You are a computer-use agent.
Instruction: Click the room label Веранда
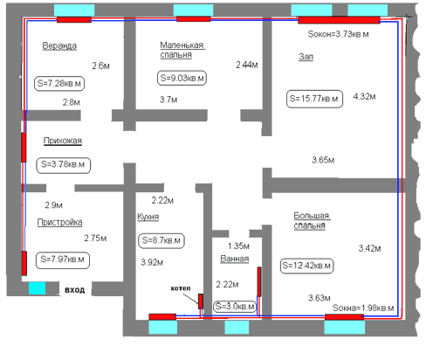coord(59,45)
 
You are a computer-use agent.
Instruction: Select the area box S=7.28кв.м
coord(59,84)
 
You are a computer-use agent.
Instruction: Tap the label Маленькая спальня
coord(182,50)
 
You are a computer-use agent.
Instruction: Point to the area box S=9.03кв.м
coord(182,78)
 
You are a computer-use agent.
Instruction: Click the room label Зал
coord(306,57)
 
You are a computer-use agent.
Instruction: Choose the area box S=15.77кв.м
coord(314,99)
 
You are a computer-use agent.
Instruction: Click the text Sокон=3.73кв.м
coord(338,34)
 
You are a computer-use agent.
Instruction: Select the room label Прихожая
coord(63,141)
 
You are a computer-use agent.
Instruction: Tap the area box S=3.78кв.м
coord(63,165)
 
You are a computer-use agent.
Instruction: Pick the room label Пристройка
coord(59,223)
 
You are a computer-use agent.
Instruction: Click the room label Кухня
coord(148,217)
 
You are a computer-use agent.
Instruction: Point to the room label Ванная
coord(235,259)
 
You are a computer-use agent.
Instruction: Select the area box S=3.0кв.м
coord(235,307)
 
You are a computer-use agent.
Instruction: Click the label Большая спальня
coord(312,220)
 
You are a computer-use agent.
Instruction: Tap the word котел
coord(181,288)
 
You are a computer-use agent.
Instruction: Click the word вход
coord(75,290)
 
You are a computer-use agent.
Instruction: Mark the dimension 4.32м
coord(364,96)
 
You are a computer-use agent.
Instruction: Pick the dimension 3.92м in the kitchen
coord(152,262)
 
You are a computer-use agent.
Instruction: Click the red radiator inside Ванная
coord(259,281)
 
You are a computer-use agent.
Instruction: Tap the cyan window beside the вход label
coord(37,288)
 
